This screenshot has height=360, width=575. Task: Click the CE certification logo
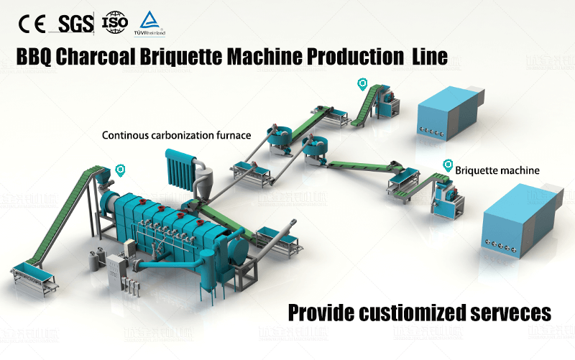(33, 24)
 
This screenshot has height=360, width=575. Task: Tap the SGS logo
(75, 24)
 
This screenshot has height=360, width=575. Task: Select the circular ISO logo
(115, 23)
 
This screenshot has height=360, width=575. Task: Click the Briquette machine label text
(497, 170)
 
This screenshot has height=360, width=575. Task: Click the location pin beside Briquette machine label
(448, 165)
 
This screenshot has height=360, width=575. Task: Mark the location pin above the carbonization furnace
(120, 170)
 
